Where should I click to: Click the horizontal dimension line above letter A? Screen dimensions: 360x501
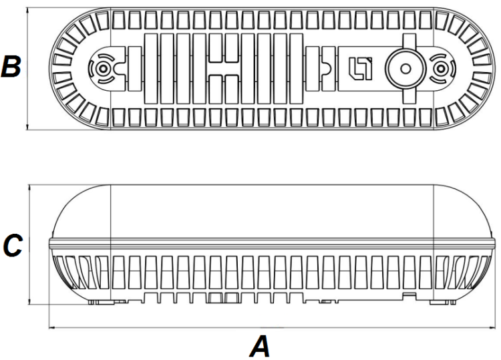[267, 328]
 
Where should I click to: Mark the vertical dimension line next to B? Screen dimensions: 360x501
[27, 67]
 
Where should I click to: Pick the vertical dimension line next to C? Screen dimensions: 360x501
[31, 246]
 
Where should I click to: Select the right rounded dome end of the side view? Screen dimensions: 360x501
[464, 210]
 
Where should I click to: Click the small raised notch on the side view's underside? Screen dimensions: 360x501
[407, 293]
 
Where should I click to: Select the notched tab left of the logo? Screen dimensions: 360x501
[327, 67]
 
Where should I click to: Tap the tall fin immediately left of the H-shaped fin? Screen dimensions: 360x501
[198, 67]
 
